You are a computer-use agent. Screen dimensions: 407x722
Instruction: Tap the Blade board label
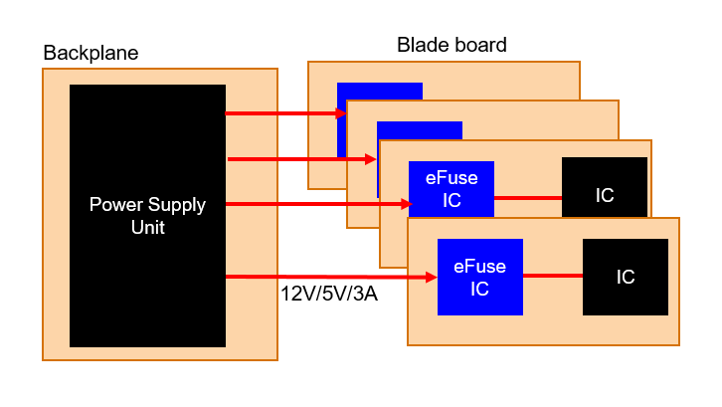click(451, 45)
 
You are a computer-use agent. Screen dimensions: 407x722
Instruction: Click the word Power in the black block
click(115, 205)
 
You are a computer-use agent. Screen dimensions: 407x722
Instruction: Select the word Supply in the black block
click(175, 205)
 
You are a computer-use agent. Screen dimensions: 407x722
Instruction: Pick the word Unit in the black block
click(146, 227)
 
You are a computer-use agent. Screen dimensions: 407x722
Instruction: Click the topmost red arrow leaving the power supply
click(283, 113)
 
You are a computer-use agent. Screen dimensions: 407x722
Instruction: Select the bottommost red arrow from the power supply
click(328, 277)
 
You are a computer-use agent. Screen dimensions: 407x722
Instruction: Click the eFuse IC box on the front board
click(480, 278)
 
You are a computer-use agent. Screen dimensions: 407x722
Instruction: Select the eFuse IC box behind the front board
click(451, 189)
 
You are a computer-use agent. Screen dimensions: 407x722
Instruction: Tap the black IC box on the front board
click(626, 277)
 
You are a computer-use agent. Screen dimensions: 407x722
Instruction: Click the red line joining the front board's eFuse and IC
click(553, 276)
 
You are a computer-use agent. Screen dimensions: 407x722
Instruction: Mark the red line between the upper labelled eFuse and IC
click(528, 197)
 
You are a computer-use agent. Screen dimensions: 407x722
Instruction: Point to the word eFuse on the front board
click(479, 267)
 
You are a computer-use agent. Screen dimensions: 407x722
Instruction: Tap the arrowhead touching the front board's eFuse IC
click(432, 277)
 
